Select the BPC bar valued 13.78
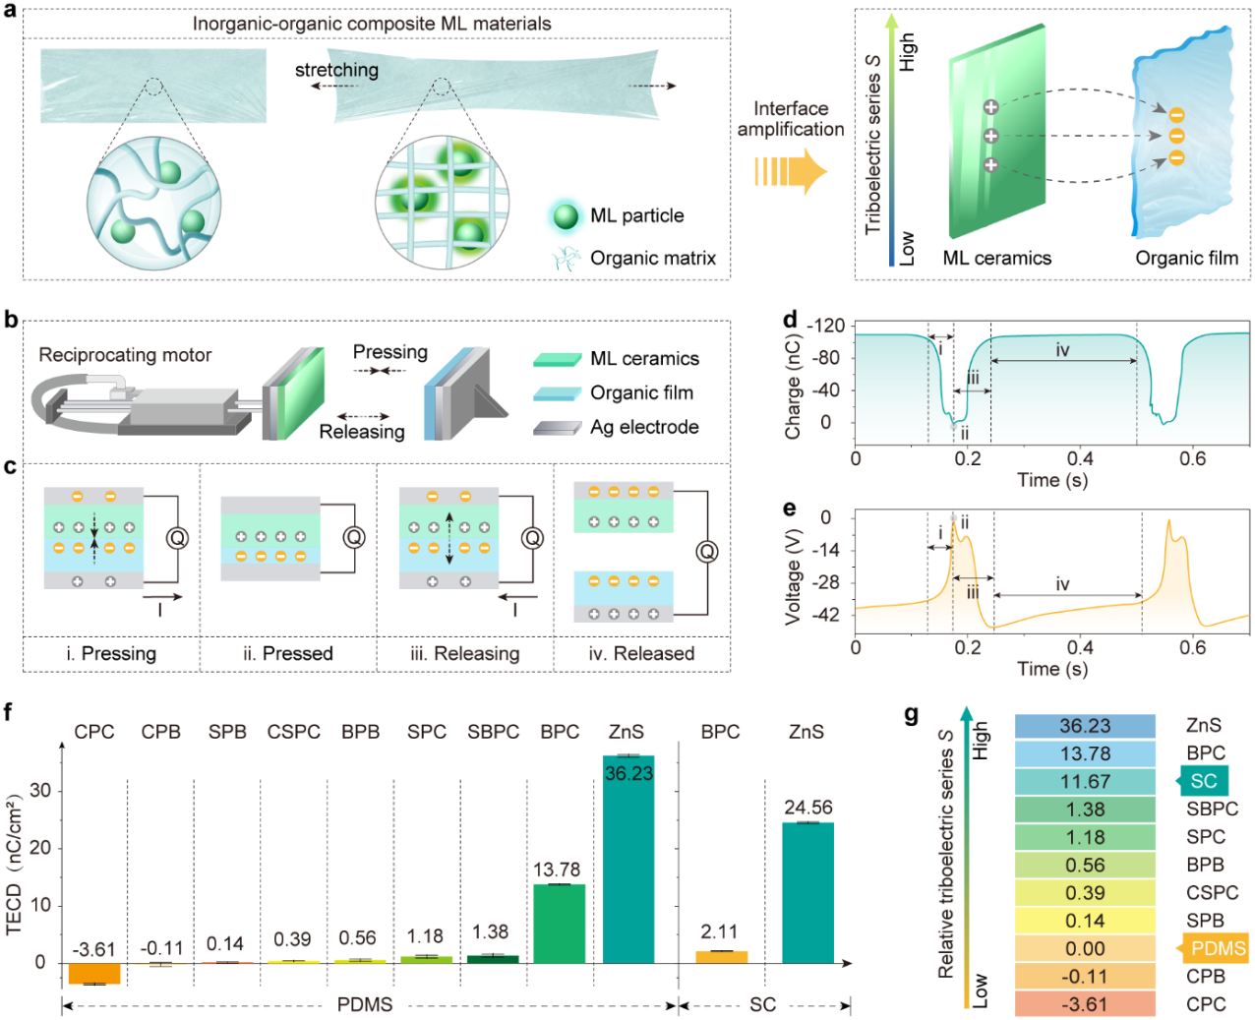(x=559, y=924)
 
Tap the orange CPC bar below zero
(x=94, y=973)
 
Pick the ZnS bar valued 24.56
(x=807, y=892)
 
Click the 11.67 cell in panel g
(x=1085, y=782)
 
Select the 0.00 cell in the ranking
(x=1085, y=949)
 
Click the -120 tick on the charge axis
(x=825, y=326)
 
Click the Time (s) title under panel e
(x=1051, y=669)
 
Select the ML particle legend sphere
(x=566, y=216)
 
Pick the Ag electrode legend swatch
(x=557, y=428)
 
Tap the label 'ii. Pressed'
(x=288, y=654)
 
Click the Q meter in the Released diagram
(x=706, y=552)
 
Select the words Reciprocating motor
(x=125, y=355)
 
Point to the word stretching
(x=336, y=70)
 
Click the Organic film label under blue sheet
(x=1186, y=259)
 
